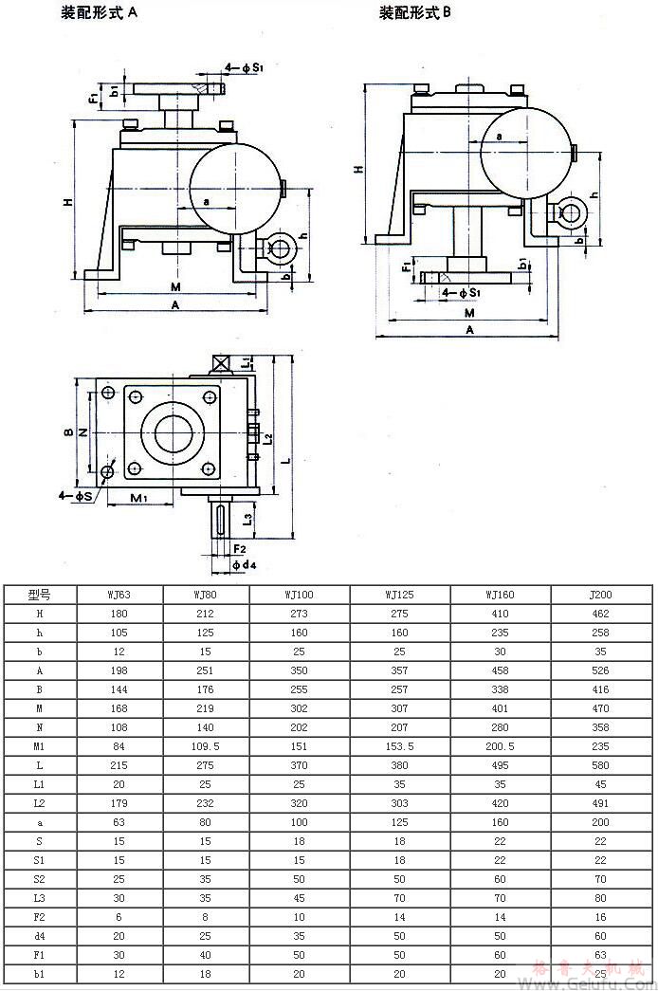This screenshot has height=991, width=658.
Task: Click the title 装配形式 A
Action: [x=100, y=14]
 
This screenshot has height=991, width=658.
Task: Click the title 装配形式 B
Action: [x=415, y=14]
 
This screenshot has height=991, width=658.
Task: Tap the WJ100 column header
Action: [x=300, y=596]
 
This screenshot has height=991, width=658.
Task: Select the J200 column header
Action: [x=600, y=596]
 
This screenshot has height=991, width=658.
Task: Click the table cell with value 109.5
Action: [x=206, y=747]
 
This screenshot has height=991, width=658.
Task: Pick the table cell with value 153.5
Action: [x=399, y=747]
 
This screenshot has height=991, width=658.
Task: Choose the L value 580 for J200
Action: [x=600, y=766]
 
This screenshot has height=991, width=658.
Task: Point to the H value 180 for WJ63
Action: [x=119, y=615]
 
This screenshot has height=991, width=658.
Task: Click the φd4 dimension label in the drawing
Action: [x=244, y=565]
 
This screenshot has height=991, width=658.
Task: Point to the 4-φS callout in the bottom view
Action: [x=75, y=495]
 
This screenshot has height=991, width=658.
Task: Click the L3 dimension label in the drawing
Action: [x=247, y=518]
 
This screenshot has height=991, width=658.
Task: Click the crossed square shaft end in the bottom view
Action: [x=222, y=363]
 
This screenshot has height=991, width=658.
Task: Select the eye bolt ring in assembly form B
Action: [x=572, y=213]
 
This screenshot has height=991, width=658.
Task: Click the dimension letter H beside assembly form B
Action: [x=359, y=169]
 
